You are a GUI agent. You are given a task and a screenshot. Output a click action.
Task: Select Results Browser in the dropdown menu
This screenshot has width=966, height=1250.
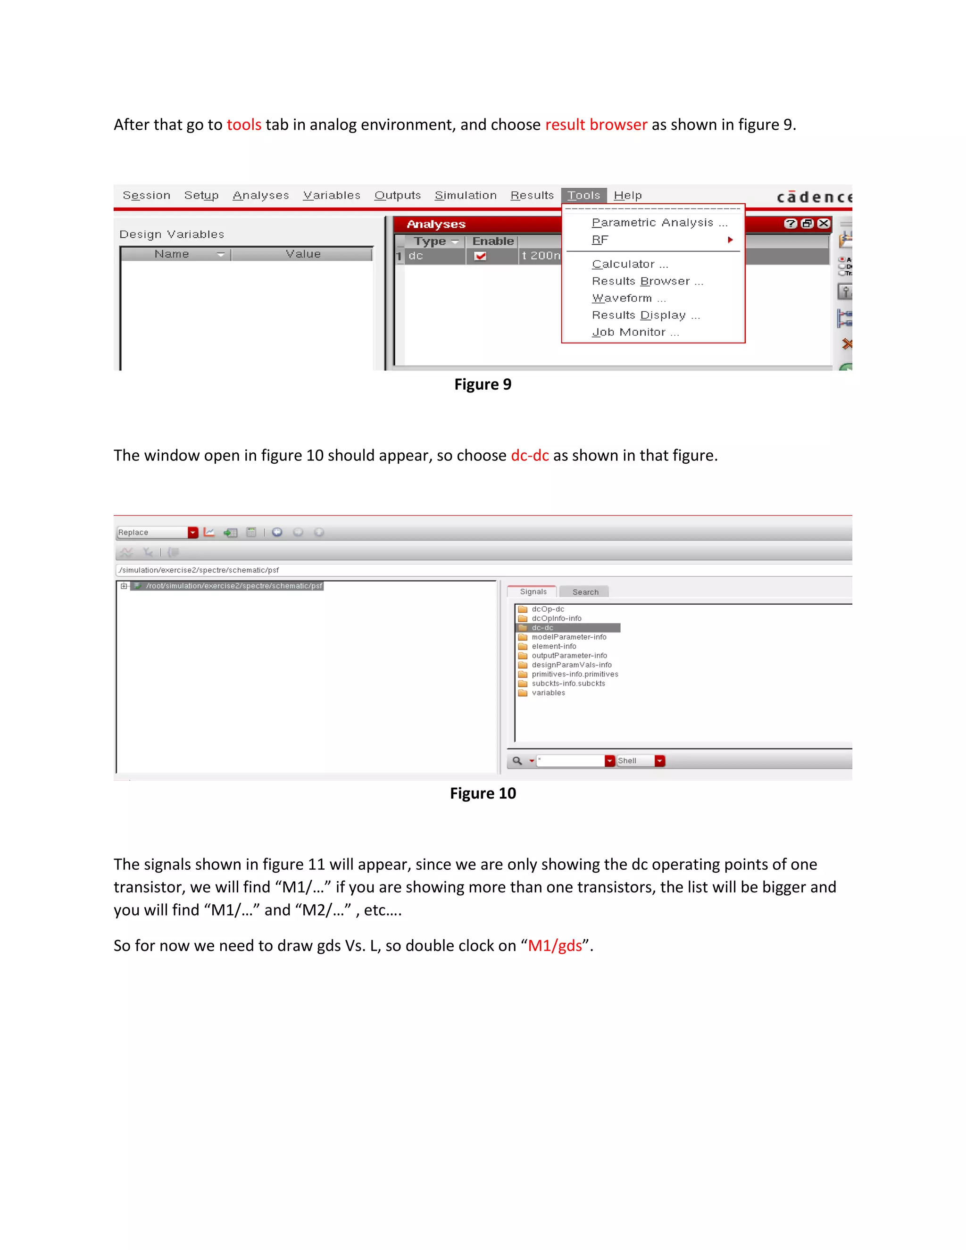pos(647,281)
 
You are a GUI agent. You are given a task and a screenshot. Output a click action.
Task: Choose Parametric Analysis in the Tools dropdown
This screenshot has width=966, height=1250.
pos(658,223)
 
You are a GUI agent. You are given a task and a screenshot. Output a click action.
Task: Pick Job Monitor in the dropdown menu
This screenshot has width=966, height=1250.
pos(635,333)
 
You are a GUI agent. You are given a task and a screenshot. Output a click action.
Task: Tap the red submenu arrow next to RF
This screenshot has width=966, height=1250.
pos(730,240)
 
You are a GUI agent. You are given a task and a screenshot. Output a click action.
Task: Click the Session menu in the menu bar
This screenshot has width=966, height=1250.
pos(147,196)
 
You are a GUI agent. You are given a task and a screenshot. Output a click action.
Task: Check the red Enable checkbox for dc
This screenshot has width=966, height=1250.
pos(480,256)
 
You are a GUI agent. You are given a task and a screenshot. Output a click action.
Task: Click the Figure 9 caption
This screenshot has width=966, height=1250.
pos(483,384)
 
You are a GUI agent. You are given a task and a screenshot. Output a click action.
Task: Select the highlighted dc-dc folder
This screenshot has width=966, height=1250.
pos(542,628)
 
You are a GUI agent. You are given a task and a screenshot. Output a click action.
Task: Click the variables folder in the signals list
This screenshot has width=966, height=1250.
pos(548,693)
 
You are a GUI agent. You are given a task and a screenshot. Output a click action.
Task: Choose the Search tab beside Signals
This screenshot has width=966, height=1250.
pos(585,592)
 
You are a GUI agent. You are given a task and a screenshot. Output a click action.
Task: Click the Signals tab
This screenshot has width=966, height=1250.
pos(533,592)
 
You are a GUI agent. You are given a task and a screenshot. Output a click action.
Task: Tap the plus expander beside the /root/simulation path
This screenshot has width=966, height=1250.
pos(124,586)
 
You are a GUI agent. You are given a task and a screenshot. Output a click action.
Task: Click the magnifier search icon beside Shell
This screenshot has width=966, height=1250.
pos(517,761)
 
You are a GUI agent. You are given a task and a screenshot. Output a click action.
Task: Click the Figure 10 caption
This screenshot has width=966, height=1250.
pos(483,794)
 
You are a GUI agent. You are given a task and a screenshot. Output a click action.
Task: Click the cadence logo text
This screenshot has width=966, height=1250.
pos(813,198)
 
